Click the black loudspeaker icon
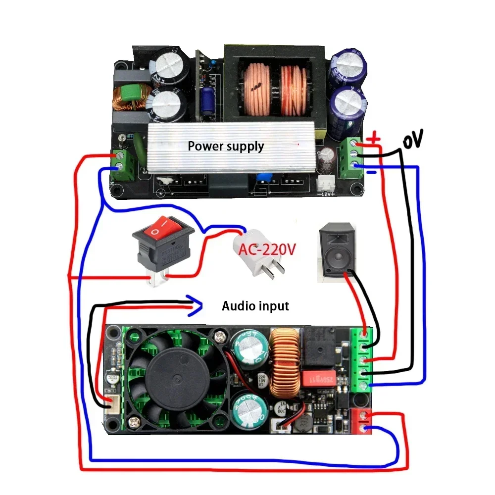coord(338,250)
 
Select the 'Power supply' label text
coord(226,147)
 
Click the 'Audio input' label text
coord(255,306)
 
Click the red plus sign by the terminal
coord(375,139)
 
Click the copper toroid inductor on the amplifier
coord(286,364)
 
